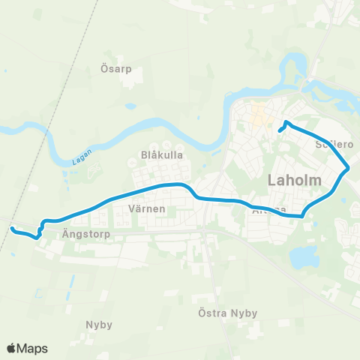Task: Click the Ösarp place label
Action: (x=116, y=68)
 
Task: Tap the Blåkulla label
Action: (x=157, y=155)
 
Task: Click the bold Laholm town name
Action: (x=294, y=181)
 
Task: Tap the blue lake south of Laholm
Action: (x=304, y=257)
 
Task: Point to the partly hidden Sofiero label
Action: (x=334, y=142)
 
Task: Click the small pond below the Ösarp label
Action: (x=130, y=106)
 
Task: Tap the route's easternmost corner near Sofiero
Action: (x=349, y=169)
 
